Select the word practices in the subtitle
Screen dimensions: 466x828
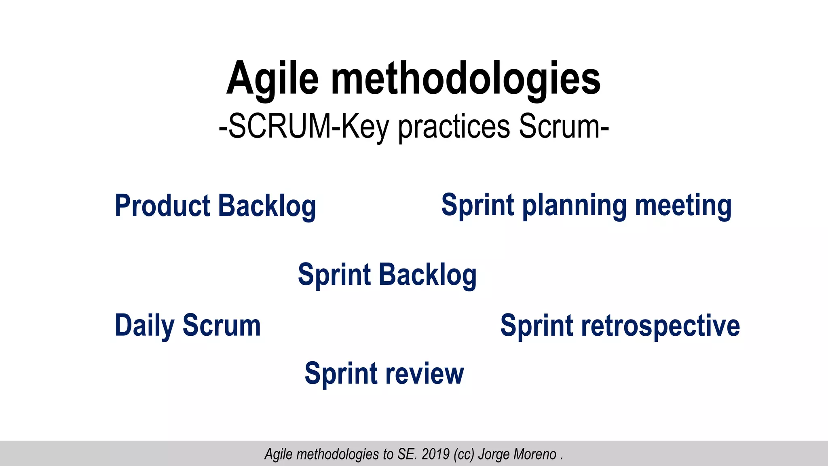(x=454, y=127)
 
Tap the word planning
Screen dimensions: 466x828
(x=575, y=206)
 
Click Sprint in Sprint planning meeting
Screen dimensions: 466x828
(x=477, y=206)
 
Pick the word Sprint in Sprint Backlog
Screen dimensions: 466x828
(x=334, y=275)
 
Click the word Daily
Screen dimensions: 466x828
(x=145, y=326)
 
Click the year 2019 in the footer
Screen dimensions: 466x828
(x=435, y=454)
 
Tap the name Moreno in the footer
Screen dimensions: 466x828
(x=536, y=454)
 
